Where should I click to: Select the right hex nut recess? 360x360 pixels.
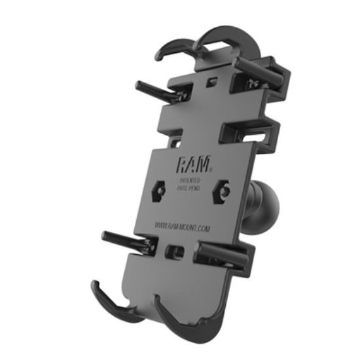(x=223, y=191)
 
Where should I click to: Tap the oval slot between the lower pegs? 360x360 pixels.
(x=175, y=251)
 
